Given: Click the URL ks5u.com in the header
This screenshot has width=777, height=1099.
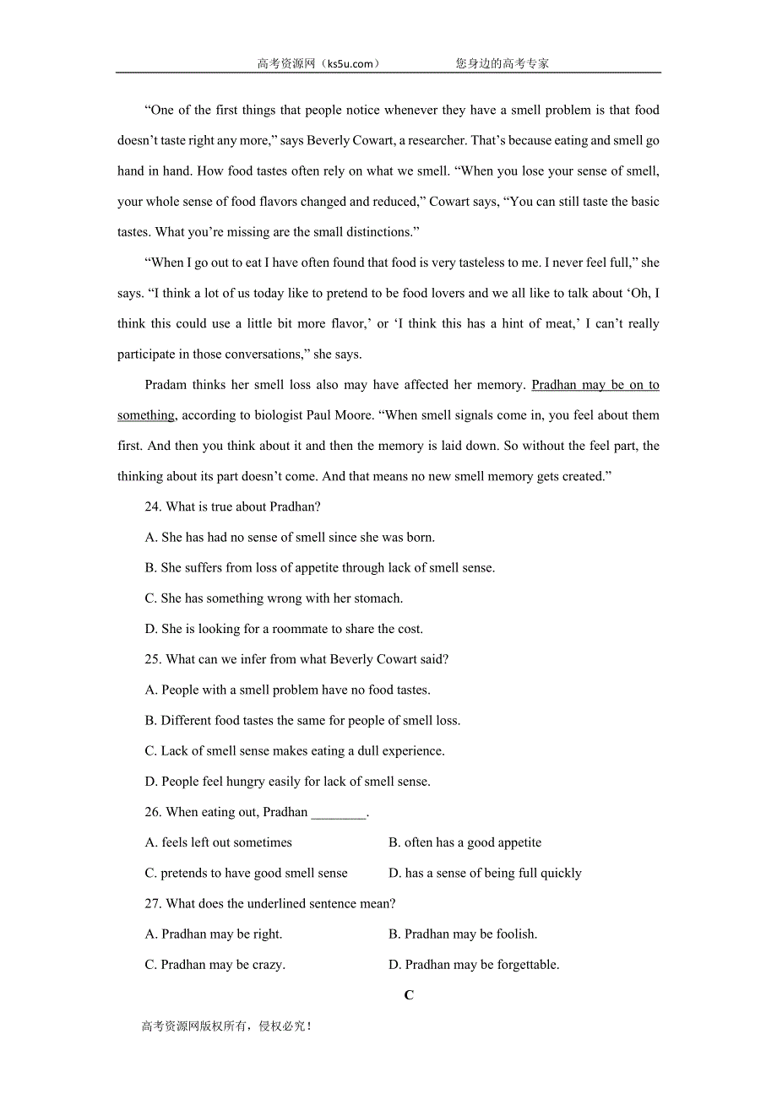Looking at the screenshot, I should pos(347,63).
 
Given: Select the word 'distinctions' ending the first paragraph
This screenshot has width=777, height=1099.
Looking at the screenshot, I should pos(375,231).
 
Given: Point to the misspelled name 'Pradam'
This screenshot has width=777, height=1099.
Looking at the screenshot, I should pos(167,385).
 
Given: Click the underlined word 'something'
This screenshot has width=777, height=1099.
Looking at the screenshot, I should pos(145,415).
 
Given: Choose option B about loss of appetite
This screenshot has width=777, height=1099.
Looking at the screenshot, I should pos(320,568).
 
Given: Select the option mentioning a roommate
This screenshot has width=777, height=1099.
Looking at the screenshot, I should pos(285,629).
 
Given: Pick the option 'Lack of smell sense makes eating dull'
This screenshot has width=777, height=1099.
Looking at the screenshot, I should pos(295,751).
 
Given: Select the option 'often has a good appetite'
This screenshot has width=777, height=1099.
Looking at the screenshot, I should pos(465,842).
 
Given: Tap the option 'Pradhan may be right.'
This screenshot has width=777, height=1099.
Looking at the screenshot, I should pos(214,934).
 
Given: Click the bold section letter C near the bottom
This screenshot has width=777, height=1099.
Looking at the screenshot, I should pos(409,995).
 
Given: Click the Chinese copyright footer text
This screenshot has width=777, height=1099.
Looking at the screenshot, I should pos(227,1026).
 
